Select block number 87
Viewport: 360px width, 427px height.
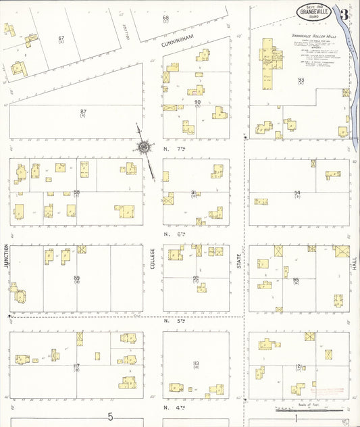coord(83,111)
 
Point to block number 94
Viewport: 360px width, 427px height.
coord(297,193)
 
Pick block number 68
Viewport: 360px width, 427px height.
coord(165,18)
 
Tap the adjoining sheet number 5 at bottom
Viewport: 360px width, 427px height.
coord(109,417)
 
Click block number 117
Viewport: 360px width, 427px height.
coord(76,366)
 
